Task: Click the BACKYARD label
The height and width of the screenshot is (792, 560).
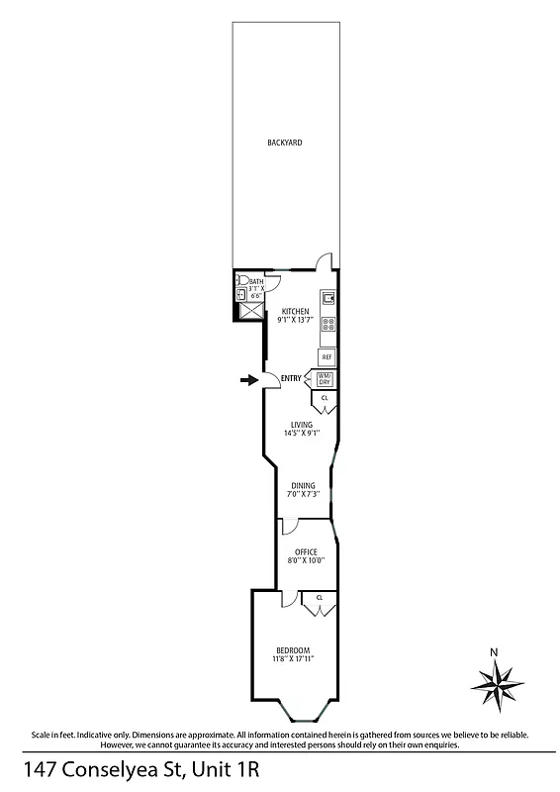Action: point(284,143)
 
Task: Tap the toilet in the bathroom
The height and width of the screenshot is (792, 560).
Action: point(240,281)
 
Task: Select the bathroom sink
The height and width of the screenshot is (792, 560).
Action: point(239,294)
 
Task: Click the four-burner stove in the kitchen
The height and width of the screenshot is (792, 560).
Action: point(327,323)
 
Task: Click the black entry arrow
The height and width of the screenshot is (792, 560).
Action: point(247,378)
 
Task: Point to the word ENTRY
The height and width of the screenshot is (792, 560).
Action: point(291,379)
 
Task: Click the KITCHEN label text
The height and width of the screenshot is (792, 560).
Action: point(295,312)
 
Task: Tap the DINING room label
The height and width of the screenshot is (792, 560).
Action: point(302,485)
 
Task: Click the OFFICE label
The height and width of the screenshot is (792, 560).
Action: point(306,551)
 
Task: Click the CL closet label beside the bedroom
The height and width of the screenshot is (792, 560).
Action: point(319,598)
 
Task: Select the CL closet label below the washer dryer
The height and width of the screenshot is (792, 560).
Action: point(326,397)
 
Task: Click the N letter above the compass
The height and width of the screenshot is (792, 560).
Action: point(494,651)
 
